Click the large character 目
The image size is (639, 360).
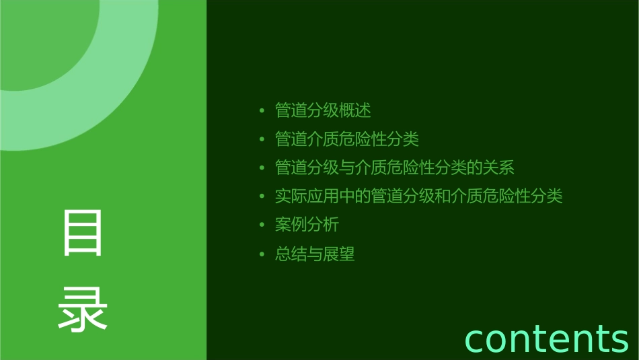[83, 233]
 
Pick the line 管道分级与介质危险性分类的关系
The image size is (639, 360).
[395, 168]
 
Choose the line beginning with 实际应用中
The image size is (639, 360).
[418, 196]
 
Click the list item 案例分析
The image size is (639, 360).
[307, 225]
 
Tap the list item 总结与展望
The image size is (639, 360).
[315, 254]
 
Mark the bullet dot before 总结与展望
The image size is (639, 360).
[262, 255]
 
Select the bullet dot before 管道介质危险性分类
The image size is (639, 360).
[262, 140]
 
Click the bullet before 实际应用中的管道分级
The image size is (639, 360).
[262, 197]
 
